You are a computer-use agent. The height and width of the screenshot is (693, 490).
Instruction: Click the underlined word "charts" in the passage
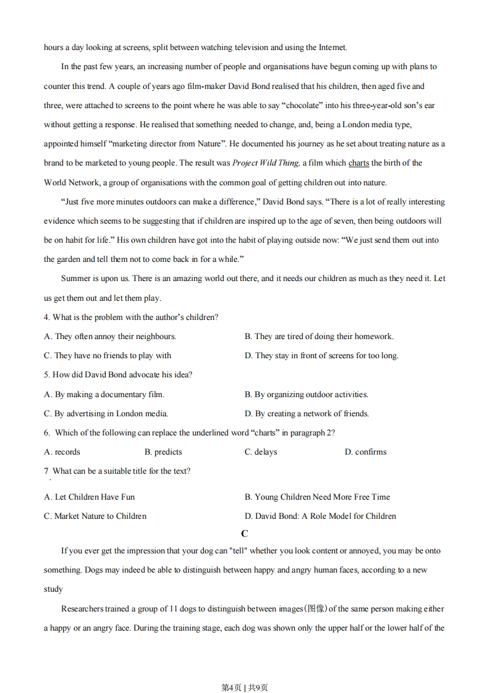pyautogui.click(x=358, y=163)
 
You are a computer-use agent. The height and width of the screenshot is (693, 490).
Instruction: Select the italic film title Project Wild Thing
pyautogui.click(x=266, y=163)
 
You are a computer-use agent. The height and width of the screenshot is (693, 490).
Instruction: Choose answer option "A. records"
pyautogui.click(x=62, y=452)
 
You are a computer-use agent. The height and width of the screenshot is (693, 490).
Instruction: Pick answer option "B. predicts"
pyautogui.click(x=163, y=452)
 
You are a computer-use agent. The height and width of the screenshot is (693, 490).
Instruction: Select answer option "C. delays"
pyautogui.click(x=261, y=452)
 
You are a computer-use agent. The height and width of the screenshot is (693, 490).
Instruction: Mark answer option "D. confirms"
pyautogui.click(x=365, y=452)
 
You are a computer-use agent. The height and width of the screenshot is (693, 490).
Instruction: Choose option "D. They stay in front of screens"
pyautogui.click(x=321, y=356)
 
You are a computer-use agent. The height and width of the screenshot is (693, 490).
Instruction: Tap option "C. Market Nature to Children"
pyautogui.click(x=95, y=516)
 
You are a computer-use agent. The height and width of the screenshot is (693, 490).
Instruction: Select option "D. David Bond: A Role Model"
pyautogui.click(x=320, y=516)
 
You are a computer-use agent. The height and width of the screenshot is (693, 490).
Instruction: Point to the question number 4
pyautogui.click(x=46, y=317)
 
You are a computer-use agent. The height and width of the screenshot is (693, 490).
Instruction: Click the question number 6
pyautogui.click(x=46, y=433)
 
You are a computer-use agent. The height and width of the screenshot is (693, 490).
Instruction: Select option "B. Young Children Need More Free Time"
pyautogui.click(x=317, y=497)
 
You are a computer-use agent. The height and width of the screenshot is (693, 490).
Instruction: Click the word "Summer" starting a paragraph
pyautogui.click(x=75, y=279)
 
